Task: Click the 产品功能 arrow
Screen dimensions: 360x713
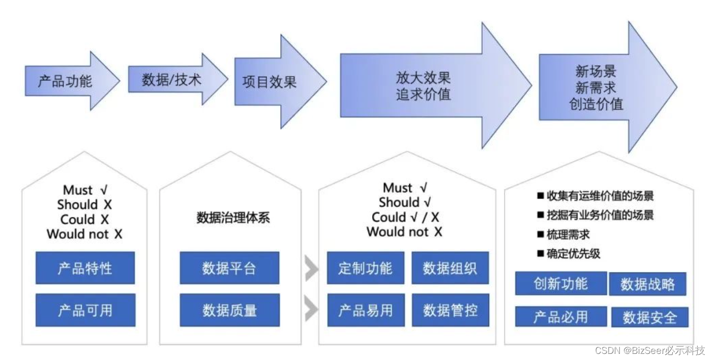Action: pos(66,81)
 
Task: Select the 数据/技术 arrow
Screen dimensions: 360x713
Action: pos(172,80)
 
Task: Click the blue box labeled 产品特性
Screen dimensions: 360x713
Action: pos(85,268)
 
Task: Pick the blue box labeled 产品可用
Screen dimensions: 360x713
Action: pos(85,310)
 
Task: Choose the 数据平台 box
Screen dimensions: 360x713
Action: pos(229,268)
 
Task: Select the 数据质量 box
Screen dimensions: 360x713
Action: pos(229,310)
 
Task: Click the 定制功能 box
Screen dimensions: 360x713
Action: pos(366,268)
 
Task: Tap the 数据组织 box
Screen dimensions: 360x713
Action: pos(450,268)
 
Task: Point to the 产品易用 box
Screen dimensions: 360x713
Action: pos(366,310)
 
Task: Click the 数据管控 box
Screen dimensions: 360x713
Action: pos(450,310)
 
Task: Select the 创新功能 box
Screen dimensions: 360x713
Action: pos(560,283)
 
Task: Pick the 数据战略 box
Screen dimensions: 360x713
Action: pos(647,284)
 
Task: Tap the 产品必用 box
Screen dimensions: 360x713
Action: pos(560,316)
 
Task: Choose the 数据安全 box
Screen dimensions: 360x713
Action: pos(649,317)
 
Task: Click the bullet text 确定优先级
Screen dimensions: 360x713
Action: pos(573,253)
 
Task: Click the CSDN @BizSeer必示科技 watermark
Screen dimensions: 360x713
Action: pos(649,350)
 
